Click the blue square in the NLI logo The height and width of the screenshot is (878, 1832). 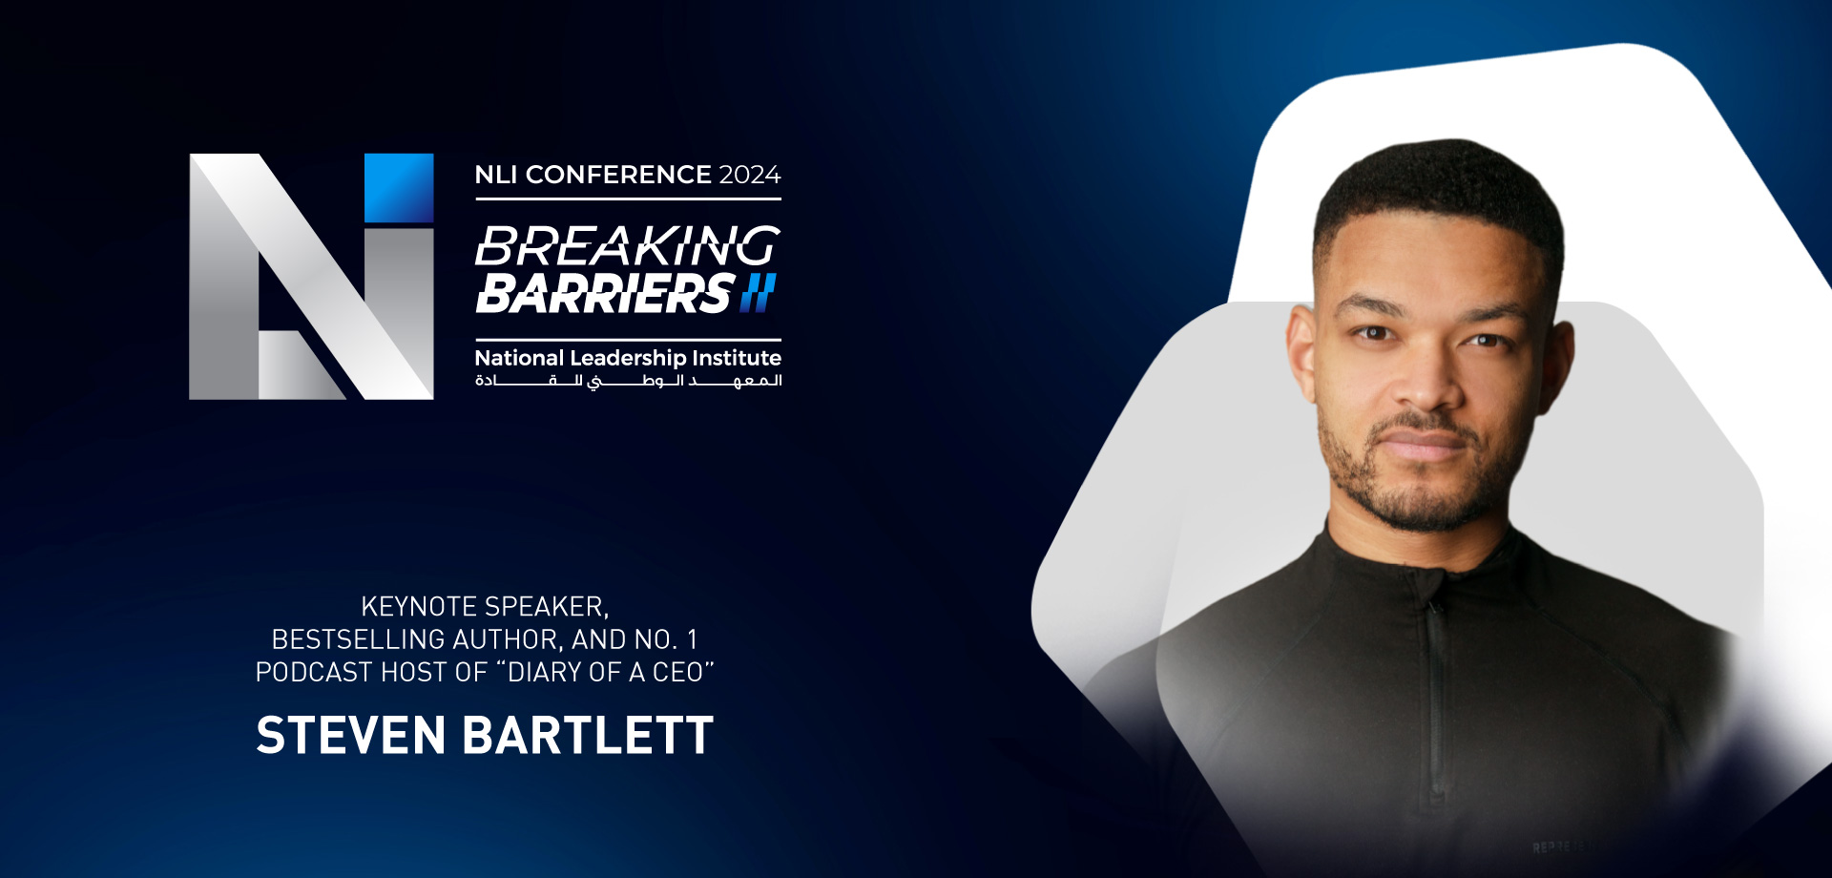coord(399,188)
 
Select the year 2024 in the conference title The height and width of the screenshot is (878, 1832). coord(750,175)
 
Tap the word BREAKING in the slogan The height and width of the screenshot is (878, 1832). coord(628,246)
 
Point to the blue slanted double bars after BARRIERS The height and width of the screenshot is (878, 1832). coord(759,293)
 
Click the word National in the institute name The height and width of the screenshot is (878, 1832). coord(519,358)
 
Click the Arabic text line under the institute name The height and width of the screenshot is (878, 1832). coord(629,381)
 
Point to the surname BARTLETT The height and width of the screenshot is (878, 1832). coord(589,736)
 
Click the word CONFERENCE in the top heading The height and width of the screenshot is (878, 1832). coord(618,175)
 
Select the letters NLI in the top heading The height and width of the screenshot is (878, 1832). coord(496,175)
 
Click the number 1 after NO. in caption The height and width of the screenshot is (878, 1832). coord(692,639)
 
